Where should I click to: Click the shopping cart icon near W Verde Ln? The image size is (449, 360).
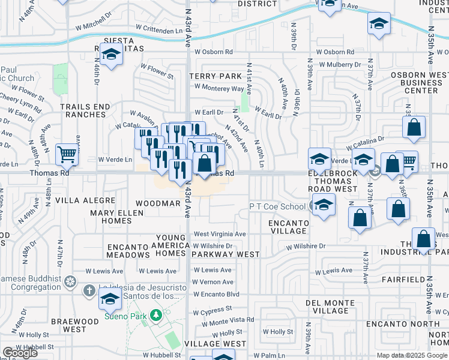coord(67,154)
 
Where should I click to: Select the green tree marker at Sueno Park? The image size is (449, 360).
coord(156,314)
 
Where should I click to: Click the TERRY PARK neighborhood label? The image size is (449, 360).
coord(214,76)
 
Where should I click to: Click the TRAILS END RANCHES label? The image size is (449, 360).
coord(85,110)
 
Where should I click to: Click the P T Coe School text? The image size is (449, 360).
coord(277,206)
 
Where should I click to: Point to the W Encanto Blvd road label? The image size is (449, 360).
coord(216,294)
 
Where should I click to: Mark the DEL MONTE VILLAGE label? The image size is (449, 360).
coord(327,307)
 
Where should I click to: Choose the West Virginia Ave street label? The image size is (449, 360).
coord(219,234)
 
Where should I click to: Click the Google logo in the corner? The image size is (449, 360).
coord(20,353)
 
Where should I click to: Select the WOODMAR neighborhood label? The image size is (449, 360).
coord(158,203)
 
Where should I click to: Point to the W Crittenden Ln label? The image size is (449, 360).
coord(154,31)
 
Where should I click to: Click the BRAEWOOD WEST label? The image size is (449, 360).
coord(75,325)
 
